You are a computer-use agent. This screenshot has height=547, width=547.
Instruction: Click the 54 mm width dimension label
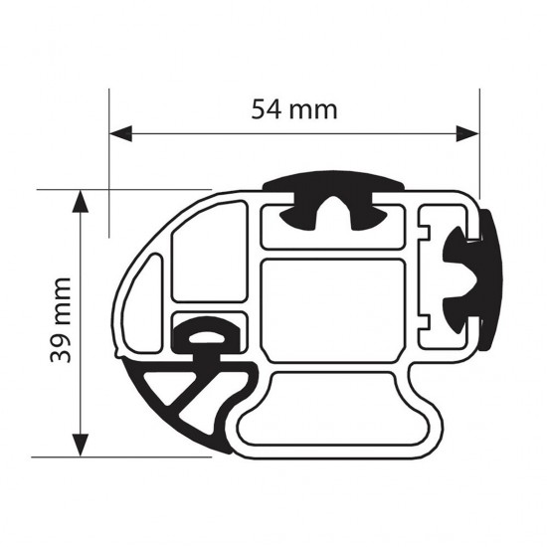pos(293,108)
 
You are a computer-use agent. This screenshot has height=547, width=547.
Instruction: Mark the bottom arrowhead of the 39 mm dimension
pos(80,448)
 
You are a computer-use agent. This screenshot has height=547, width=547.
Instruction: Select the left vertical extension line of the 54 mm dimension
pos(108,159)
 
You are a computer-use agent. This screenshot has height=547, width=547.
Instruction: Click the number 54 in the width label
pos(269,108)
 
